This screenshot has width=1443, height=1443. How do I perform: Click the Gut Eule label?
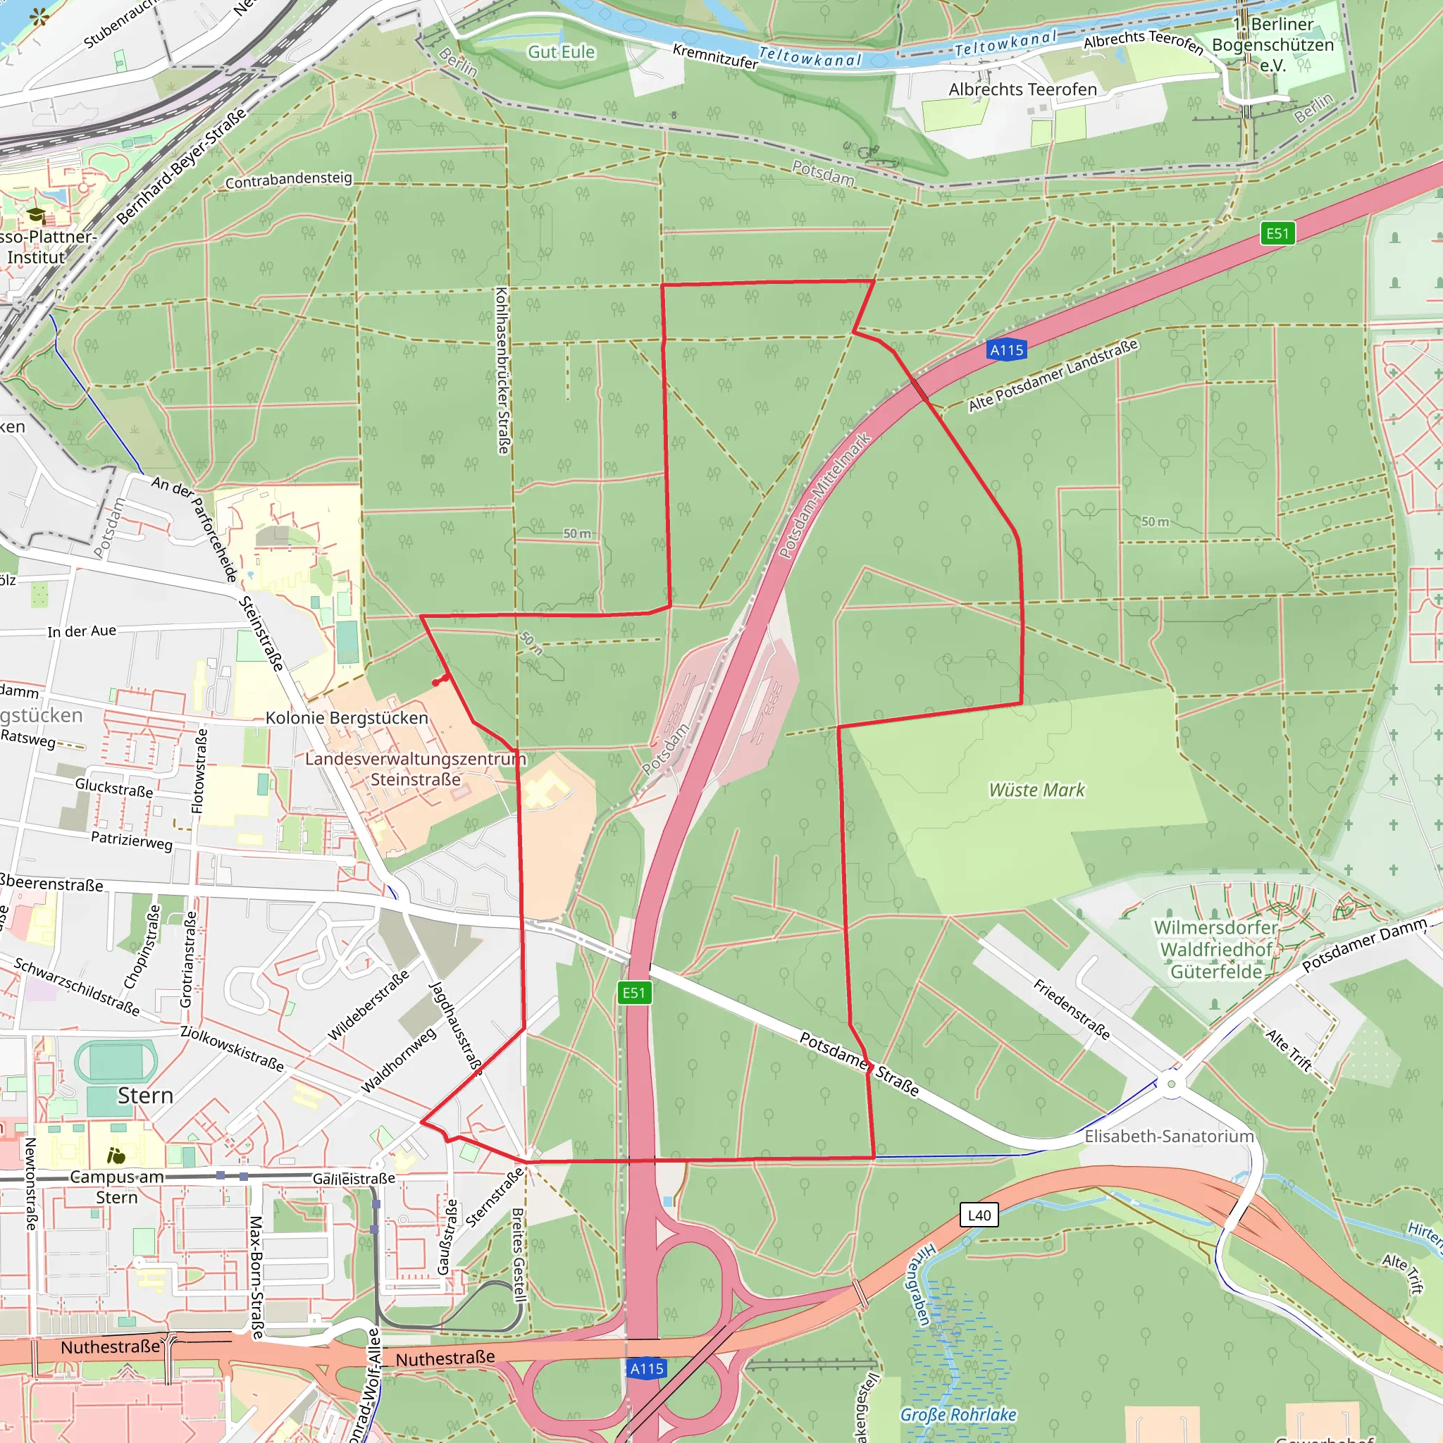tap(561, 52)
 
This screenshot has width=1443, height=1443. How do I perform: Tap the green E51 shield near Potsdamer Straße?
tap(634, 993)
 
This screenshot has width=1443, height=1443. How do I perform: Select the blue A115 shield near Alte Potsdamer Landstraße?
tap(1006, 349)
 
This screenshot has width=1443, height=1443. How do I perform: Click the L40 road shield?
tap(979, 1215)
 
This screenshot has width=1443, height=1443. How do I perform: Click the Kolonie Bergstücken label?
tap(347, 718)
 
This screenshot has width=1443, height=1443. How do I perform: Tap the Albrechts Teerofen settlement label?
tap(1022, 89)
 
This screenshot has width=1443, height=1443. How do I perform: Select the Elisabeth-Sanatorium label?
tap(1169, 1136)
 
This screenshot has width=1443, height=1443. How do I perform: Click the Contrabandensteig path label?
tap(288, 180)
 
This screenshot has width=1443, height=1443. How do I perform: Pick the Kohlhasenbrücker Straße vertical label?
tap(502, 371)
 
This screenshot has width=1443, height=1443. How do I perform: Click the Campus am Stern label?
tap(116, 1187)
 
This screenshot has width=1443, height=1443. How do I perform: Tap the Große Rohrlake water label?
tap(958, 1415)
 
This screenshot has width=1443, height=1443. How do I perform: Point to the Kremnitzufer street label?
tap(714, 56)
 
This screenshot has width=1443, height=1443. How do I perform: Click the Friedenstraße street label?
tap(1071, 1009)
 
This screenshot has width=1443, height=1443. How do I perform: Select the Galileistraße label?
tap(353, 1179)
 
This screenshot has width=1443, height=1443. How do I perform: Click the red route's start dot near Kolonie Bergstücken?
tap(435, 683)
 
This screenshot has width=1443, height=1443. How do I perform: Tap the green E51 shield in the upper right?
tap(1277, 233)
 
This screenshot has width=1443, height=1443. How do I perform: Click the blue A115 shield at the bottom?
tap(647, 1368)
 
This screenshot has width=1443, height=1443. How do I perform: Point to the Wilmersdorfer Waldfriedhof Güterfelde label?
tap(1216, 949)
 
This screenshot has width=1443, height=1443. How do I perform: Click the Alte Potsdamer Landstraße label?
tap(1053, 375)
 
